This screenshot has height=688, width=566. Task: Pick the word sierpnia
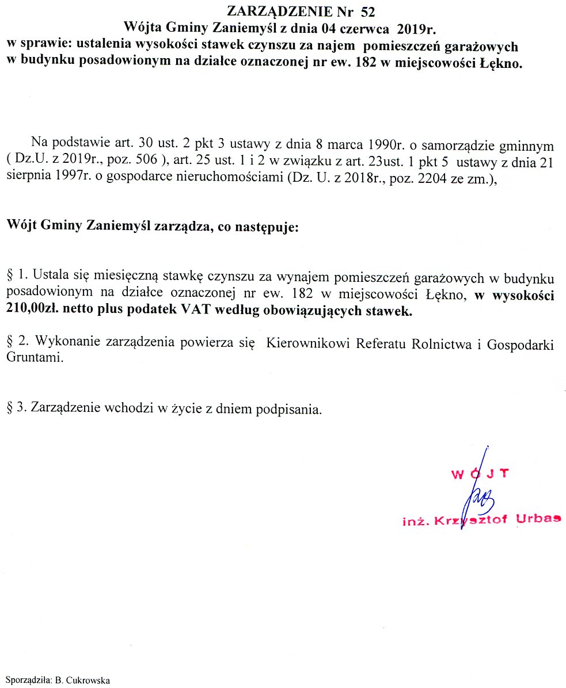(29, 178)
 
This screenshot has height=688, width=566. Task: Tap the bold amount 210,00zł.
(33, 312)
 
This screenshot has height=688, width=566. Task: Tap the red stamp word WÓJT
(479, 474)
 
